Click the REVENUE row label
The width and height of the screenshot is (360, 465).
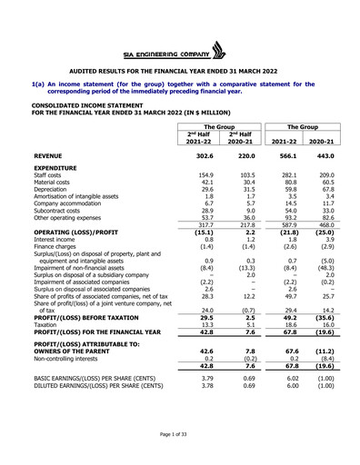(50, 155)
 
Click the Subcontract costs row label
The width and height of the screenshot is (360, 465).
(59, 212)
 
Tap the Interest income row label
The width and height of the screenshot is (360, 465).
(55, 240)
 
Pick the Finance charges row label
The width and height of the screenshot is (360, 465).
(56, 246)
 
